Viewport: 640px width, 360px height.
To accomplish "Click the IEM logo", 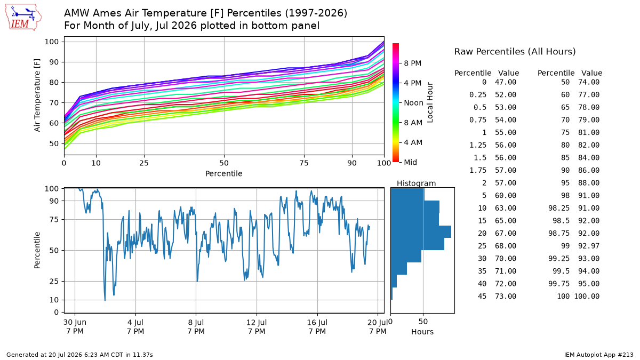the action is click(x=23, y=18).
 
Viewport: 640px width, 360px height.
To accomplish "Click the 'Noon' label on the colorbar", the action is click(x=413, y=103).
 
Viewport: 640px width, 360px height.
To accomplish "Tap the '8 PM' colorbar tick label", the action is click(x=413, y=63).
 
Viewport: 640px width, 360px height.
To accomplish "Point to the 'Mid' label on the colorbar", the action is click(x=410, y=162).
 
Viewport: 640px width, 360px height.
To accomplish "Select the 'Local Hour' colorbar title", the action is click(x=430, y=102).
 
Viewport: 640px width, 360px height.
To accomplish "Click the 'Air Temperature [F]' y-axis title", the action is click(x=37, y=95).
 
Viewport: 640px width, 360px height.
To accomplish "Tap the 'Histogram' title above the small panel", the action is click(x=417, y=183).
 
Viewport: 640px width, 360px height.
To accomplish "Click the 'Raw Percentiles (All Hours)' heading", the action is click(x=515, y=51).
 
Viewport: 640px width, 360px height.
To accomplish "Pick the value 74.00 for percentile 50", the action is click(x=589, y=82).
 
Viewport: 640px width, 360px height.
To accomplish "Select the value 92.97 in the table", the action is click(x=589, y=246).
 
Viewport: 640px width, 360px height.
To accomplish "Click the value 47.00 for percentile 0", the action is click(x=506, y=82).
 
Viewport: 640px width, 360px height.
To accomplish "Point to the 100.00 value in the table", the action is click(x=587, y=296).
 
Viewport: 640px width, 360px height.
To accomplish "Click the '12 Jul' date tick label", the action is click(x=257, y=322).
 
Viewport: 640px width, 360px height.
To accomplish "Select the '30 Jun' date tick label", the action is click(x=75, y=322).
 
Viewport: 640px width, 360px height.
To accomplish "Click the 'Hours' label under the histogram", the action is click(x=422, y=332).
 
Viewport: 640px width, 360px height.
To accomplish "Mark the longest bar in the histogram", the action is click(x=421, y=231).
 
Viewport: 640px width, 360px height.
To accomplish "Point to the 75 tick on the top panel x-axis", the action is click(x=304, y=163).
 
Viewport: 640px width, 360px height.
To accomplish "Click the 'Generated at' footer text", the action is click(x=79, y=355).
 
